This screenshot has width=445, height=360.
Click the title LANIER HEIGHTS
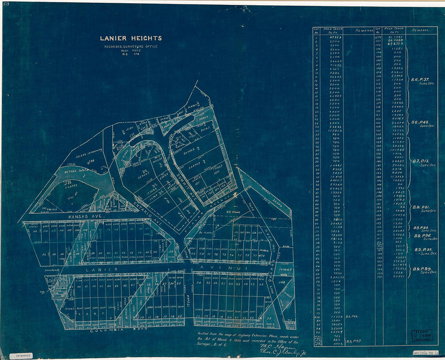pyautogui.click(x=131, y=38)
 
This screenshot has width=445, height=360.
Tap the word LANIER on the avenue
pyautogui.click(x=101, y=269)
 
